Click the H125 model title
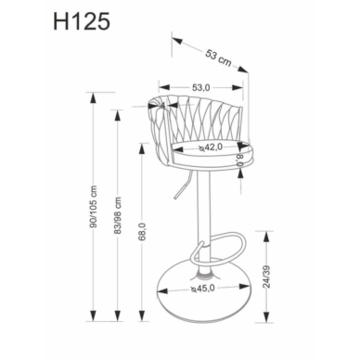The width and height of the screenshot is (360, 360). pyautogui.click(x=82, y=22)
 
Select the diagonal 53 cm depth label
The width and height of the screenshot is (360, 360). pyautogui.click(x=218, y=58)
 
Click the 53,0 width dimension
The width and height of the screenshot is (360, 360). pyautogui.click(x=201, y=88)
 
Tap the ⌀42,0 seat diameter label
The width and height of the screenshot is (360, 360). pyautogui.click(x=211, y=148)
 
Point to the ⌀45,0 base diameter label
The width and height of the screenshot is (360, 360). pyautogui.click(x=202, y=289)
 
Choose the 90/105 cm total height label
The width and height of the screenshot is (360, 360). pyautogui.click(x=94, y=206)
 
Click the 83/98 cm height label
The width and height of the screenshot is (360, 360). pyautogui.click(x=118, y=215)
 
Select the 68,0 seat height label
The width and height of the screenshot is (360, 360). pyautogui.click(x=142, y=232)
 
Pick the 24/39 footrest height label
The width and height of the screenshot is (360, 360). pyautogui.click(x=266, y=276)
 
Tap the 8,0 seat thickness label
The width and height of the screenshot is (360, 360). pyautogui.click(x=240, y=161)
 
